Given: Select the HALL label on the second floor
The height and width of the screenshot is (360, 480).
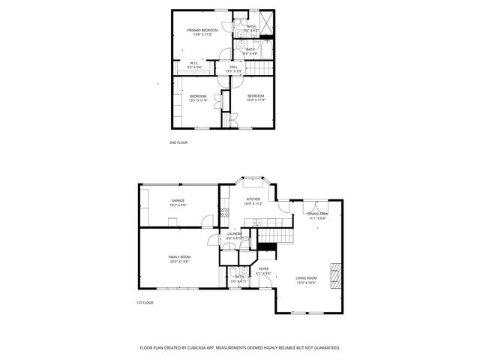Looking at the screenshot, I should (233, 67).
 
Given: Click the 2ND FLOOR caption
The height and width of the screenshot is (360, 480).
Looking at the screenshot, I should (178, 142).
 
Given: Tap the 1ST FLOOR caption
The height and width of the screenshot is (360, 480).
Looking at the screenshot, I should (145, 302).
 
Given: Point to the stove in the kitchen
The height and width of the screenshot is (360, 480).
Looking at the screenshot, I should (224, 214).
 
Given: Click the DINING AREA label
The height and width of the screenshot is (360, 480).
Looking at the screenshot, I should (317, 214).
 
